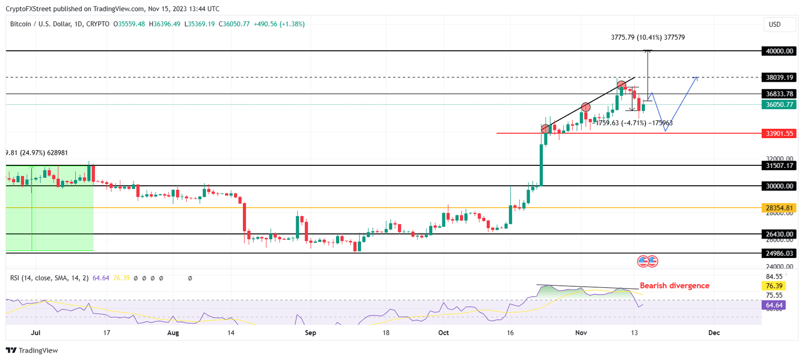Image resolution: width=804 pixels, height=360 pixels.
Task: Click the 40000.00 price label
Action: click(779, 51)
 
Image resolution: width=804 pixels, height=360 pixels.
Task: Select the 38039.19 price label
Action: click(779, 77)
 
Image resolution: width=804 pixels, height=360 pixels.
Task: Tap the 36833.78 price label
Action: click(779, 94)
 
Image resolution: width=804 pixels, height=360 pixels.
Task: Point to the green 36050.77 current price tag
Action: click(779, 105)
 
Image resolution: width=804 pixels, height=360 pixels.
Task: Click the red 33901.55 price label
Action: click(779, 133)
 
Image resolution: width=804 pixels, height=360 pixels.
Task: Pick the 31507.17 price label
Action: click(779, 165)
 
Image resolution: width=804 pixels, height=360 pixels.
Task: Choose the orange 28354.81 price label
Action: click(779, 208)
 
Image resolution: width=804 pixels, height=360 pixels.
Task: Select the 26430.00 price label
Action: click(779, 234)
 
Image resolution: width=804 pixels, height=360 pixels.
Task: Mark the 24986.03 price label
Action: click(779, 253)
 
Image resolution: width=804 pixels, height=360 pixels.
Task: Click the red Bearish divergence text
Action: click(675, 286)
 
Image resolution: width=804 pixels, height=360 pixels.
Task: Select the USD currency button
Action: click(774, 24)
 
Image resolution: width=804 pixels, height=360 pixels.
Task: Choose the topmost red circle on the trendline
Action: click(621, 85)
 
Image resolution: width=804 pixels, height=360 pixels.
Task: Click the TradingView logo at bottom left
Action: click(32, 351)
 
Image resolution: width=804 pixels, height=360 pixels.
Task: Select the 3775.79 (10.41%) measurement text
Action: click(648, 38)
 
